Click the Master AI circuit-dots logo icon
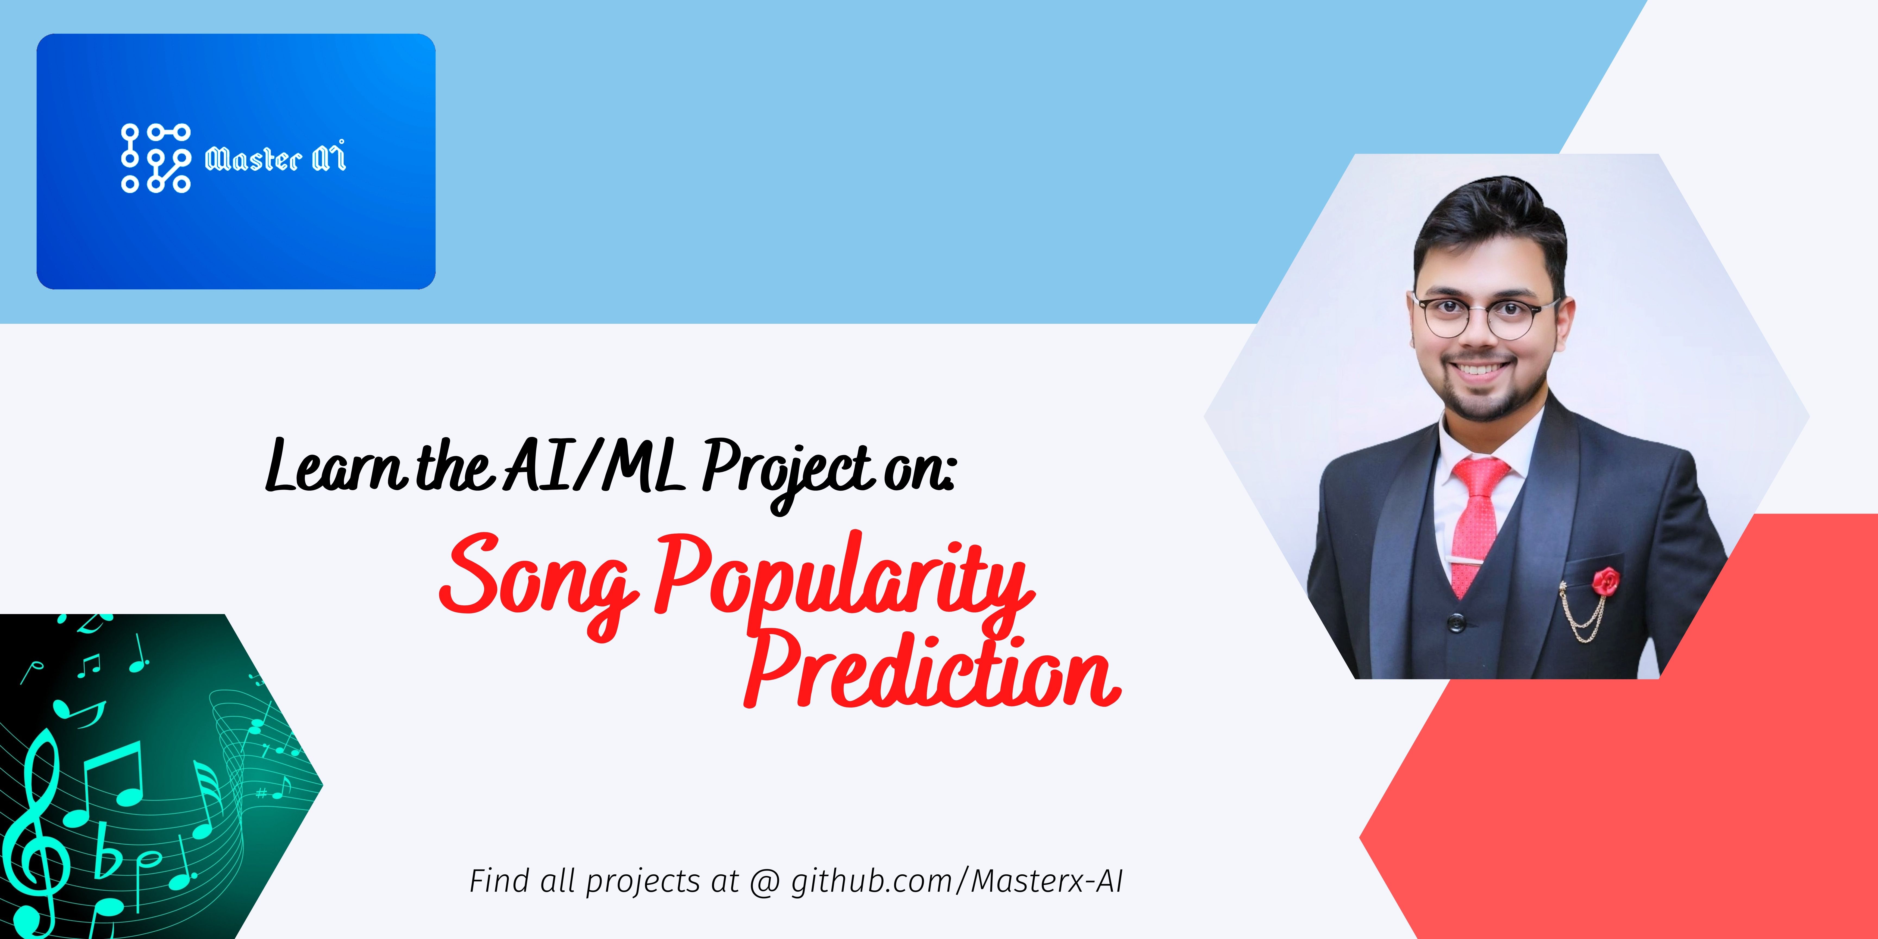click(155, 158)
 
